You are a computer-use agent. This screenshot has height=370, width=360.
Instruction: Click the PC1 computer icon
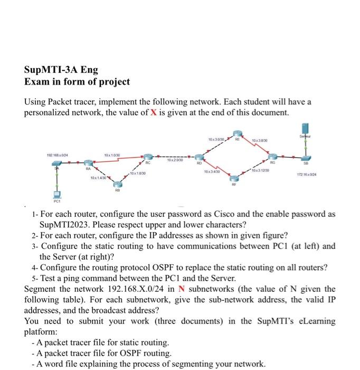pyautogui.click(x=56, y=194)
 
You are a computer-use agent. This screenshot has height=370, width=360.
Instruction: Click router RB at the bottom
pyautogui.click(x=118, y=186)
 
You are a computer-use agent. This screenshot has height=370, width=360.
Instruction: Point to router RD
pyautogui.click(x=199, y=157)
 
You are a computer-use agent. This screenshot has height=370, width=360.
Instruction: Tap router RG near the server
pyautogui.click(x=272, y=156)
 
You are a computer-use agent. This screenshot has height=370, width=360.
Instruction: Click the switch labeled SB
pyautogui.click(x=306, y=157)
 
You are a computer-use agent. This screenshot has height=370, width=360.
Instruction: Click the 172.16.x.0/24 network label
pyautogui.click(x=312, y=174)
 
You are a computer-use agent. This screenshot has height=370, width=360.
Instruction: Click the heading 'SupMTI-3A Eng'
pyautogui.click(x=61, y=70)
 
